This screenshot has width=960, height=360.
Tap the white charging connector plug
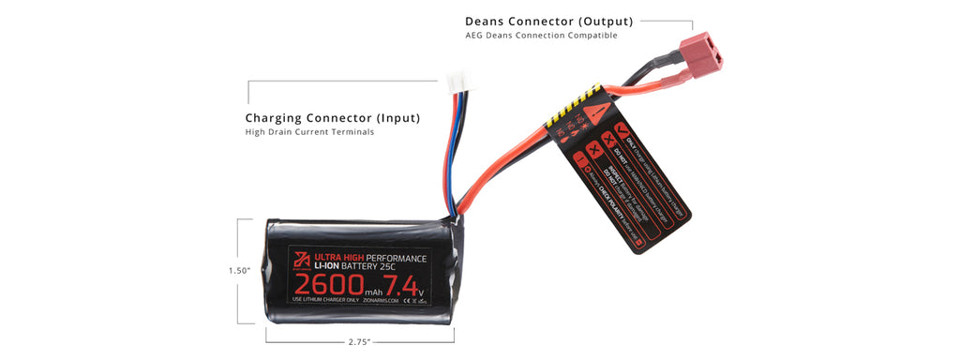(459, 82)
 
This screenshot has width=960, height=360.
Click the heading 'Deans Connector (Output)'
(548, 21)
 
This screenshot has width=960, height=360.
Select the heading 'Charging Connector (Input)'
(332, 118)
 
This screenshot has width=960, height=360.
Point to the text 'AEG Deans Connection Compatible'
(541, 36)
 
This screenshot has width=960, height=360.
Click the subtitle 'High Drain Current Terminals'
(309, 132)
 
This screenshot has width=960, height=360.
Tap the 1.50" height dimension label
(239, 271)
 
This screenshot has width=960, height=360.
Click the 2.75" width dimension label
(359, 342)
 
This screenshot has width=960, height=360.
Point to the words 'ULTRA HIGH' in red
(338, 258)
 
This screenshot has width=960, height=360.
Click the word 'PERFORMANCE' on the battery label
(397, 258)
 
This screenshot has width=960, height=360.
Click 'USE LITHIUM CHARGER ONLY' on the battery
(325, 300)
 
